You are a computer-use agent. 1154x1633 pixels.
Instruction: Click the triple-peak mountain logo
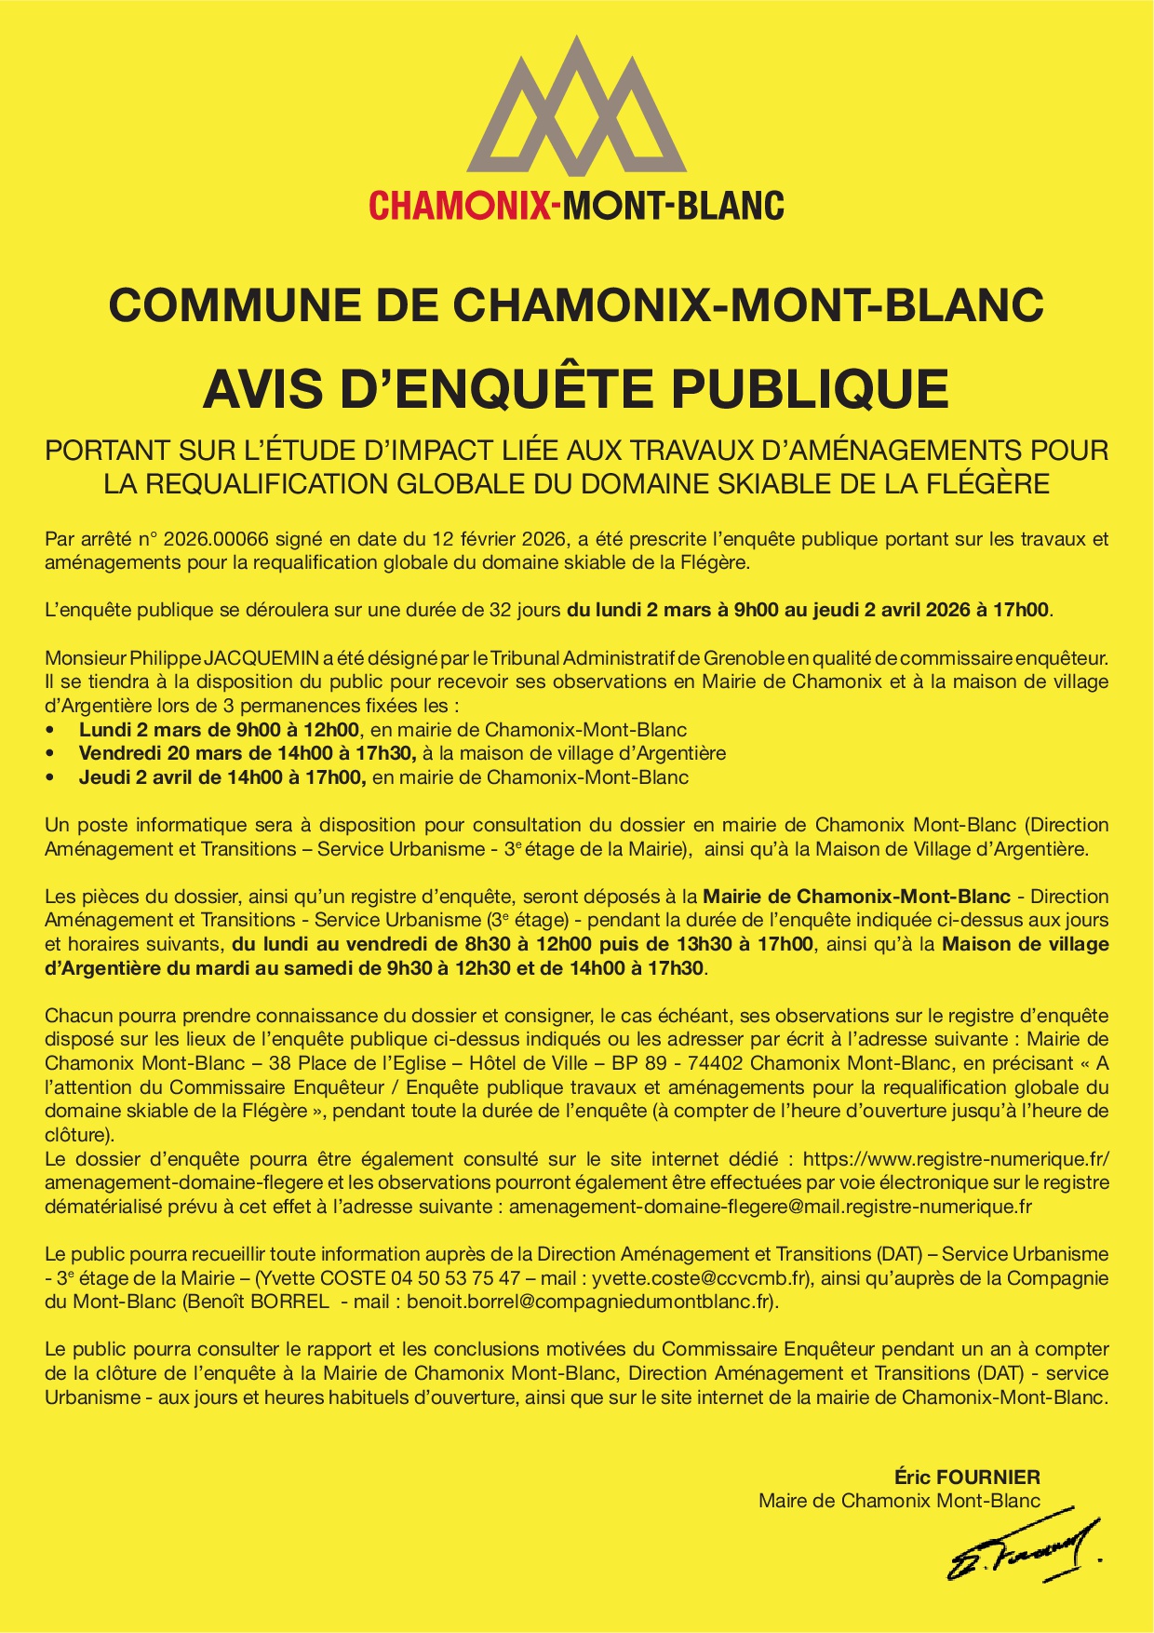(x=577, y=108)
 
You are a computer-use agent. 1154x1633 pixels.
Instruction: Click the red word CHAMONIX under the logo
(x=460, y=205)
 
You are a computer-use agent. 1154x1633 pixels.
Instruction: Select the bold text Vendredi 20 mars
(x=154, y=753)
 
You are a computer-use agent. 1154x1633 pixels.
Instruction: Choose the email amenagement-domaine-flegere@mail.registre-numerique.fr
(x=771, y=1208)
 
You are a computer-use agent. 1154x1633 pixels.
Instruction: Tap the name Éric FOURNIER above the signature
(x=967, y=1477)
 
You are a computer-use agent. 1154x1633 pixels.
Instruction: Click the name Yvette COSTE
(x=312, y=1278)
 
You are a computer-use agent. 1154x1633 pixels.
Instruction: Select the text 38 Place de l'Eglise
(x=357, y=1063)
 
